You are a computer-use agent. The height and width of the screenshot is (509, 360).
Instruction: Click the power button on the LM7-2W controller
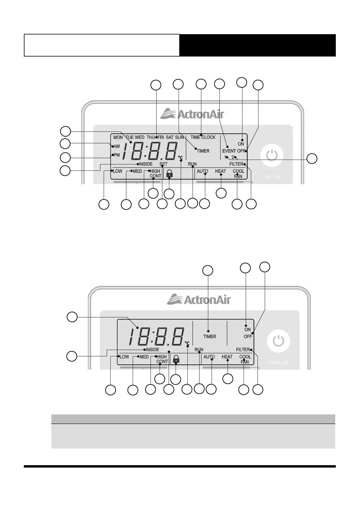pyautogui.click(x=272, y=156)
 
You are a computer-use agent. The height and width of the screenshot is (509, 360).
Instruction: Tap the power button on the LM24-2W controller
pyautogui.click(x=278, y=341)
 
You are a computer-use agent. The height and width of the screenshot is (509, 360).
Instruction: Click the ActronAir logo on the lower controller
pyautogui.click(x=199, y=300)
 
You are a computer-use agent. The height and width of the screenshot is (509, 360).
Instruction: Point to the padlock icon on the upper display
pyautogui.click(x=170, y=173)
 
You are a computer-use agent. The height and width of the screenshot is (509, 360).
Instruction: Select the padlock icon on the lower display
pyautogui.click(x=176, y=359)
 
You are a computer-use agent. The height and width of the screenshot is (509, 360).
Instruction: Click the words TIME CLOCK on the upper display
pyautogui.click(x=203, y=137)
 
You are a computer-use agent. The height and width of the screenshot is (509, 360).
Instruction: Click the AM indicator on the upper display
pyautogui.click(x=117, y=146)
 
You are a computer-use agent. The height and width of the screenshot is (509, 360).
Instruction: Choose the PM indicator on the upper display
pyautogui.click(x=117, y=155)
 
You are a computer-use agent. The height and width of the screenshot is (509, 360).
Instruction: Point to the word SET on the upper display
pyautogui.click(x=163, y=164)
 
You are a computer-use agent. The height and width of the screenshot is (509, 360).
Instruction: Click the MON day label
pyautogui.click(x=118, y=137)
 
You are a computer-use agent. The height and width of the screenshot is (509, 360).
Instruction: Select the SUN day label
pyautogui.click(x=179, y=137)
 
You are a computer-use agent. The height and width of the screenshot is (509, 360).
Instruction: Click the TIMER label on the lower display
pyautogui.click(x=209, y=336)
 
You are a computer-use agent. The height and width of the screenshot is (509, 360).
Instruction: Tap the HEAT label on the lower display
pyautogui.click(x=227, y=357)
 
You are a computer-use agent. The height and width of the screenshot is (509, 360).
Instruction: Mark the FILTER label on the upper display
pyautogui.click(x=236, y=164)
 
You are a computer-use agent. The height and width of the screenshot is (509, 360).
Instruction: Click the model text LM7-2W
pyautogui.click(x=272, y=177)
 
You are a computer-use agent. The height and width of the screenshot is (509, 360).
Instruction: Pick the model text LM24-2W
pyautogui.click(x=278, y=362)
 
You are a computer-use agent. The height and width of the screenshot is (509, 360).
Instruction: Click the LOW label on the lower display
pyautogui.click(x=124, y=357)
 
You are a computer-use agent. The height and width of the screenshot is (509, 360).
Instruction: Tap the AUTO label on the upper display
pyautogui.click(x=202, y=171)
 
